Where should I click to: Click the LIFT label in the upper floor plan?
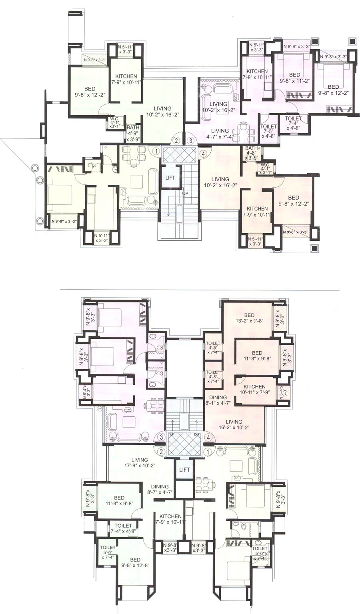click(170, 178)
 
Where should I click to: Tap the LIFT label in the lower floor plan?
click(184, 470)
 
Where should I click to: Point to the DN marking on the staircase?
click(196, 434)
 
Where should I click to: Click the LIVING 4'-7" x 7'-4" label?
click(220, 134)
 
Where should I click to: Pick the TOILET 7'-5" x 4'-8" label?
click(268, 131)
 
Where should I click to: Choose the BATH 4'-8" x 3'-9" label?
click(252, 153)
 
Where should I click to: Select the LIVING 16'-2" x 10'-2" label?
click(234, 424)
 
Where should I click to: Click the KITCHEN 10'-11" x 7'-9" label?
click(255, 390)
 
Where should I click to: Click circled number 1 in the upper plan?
click(156, 151)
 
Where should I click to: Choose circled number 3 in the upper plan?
click(191, 140)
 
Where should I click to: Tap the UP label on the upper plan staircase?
click(185, 193)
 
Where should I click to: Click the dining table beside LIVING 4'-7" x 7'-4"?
click(242, 132)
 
